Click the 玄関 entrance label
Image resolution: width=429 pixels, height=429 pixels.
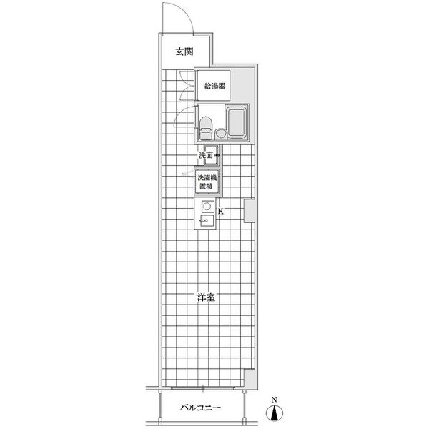click(184, 51)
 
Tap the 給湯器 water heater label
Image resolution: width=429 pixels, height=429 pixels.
click(215, 87)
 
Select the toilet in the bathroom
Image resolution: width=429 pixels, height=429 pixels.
click(206, 129)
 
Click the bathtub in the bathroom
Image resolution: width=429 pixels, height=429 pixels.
click(237, 122)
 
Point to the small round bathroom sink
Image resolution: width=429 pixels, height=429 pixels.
click(220, 134)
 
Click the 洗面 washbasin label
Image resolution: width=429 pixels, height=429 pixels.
click(206, 155)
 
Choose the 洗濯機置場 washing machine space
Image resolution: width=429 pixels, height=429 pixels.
click(207, 182)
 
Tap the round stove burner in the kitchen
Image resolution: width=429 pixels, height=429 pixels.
click(207, 207)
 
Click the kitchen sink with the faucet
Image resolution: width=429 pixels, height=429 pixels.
click(207, 220)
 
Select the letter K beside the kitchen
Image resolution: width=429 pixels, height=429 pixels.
click(221, 212)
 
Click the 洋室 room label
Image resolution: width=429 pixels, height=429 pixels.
click(206, 297)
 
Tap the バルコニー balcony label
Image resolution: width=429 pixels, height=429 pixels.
click(200, 408)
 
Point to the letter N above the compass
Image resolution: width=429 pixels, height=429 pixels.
click(275, 400)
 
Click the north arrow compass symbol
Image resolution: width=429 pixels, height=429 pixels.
click(275, 413)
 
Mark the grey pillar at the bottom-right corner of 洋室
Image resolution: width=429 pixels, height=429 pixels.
click(250, 380)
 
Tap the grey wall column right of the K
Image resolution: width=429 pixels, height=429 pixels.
click(250, 211)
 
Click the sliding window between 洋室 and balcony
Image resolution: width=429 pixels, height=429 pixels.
click(203, 388)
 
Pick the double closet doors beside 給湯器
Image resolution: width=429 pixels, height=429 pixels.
click(187, 86)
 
